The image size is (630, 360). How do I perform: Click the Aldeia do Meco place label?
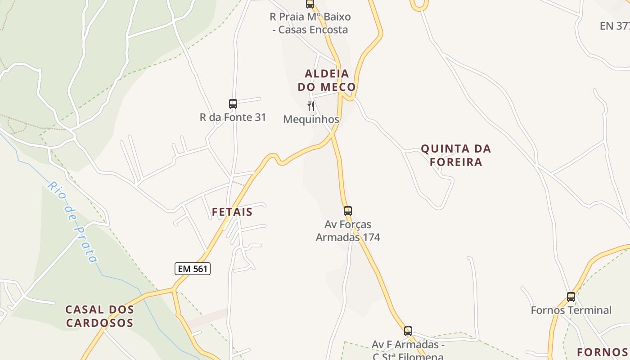point(327,80)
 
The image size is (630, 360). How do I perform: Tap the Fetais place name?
point(232,211)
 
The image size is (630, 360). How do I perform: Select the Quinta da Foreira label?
point(456,155)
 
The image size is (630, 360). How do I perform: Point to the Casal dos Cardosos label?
point(100,316)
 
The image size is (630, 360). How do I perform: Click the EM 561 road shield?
point(193,269)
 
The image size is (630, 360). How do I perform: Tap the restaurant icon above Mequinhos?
point(310,106)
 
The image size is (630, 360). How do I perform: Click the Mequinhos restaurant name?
point(311,119)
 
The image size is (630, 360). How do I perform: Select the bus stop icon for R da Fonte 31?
point(233,104)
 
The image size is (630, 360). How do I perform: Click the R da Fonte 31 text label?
point(233,117)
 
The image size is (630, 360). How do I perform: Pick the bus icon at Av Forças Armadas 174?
point(347,211)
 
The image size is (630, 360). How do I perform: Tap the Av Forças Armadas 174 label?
point(348,230)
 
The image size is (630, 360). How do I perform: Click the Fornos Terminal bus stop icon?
point(571,297)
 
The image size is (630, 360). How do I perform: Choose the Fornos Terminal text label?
point(571,310)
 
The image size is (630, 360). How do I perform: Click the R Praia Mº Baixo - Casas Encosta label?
point(310,23)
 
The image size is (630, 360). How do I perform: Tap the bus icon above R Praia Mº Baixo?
point(310,4)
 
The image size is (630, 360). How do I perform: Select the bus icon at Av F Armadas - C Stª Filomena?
point(408,331)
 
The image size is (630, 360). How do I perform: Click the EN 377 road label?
point(615,26)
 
